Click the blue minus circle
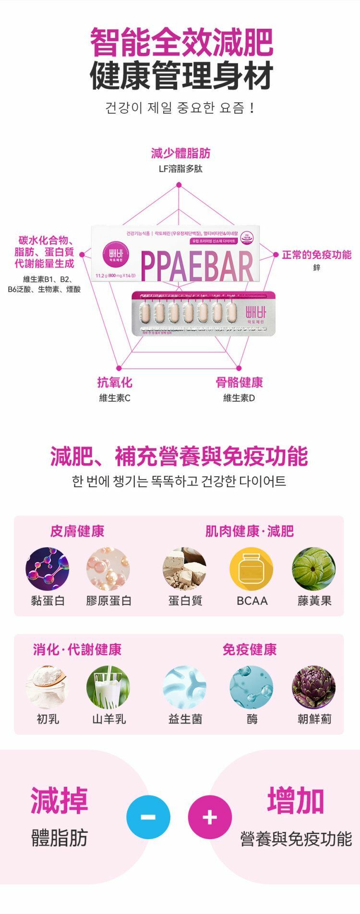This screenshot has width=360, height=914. click(148, 817)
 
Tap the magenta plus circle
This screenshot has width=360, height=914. click(210, 817)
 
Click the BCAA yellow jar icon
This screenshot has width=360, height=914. click(252, 569)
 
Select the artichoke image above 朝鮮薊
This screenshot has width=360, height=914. click(314, 687)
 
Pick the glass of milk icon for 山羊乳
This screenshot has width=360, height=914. click(108, 687)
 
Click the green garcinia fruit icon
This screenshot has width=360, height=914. click(314, 569)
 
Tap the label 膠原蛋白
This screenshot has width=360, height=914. click(108, 601)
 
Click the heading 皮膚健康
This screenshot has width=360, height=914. click(77, 531)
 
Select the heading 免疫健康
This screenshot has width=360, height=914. click(250, 649)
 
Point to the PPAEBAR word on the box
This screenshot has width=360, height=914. click(197, 267)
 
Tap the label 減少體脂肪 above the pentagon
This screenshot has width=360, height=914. click(180, 154)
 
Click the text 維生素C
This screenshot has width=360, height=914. click(115, 398)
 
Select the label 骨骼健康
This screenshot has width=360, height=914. click(239, 383)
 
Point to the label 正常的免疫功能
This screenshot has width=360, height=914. click(317, 254)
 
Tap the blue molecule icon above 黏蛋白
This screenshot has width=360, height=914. click(48, 569)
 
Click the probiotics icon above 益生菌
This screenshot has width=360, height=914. click(185, 687)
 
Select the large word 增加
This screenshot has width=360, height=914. click(296, 801)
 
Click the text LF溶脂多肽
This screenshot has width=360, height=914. click(180, 169)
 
